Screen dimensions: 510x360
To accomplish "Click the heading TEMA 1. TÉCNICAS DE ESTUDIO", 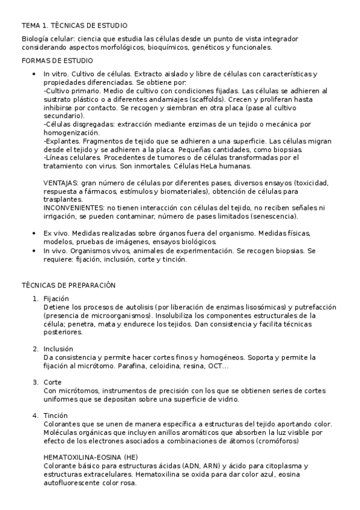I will click(75, 26).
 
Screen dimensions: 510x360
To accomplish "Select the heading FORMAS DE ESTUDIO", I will click(57, 61).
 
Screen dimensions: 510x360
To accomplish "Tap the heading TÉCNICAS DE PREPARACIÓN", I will click(69, 284).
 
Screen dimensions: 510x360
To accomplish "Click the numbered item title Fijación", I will click(56, 298).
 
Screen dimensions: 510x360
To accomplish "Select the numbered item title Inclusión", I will click(58, 348).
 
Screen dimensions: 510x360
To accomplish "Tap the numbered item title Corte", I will click(53, 382).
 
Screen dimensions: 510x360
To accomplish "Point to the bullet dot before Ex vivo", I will click(34, 233).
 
